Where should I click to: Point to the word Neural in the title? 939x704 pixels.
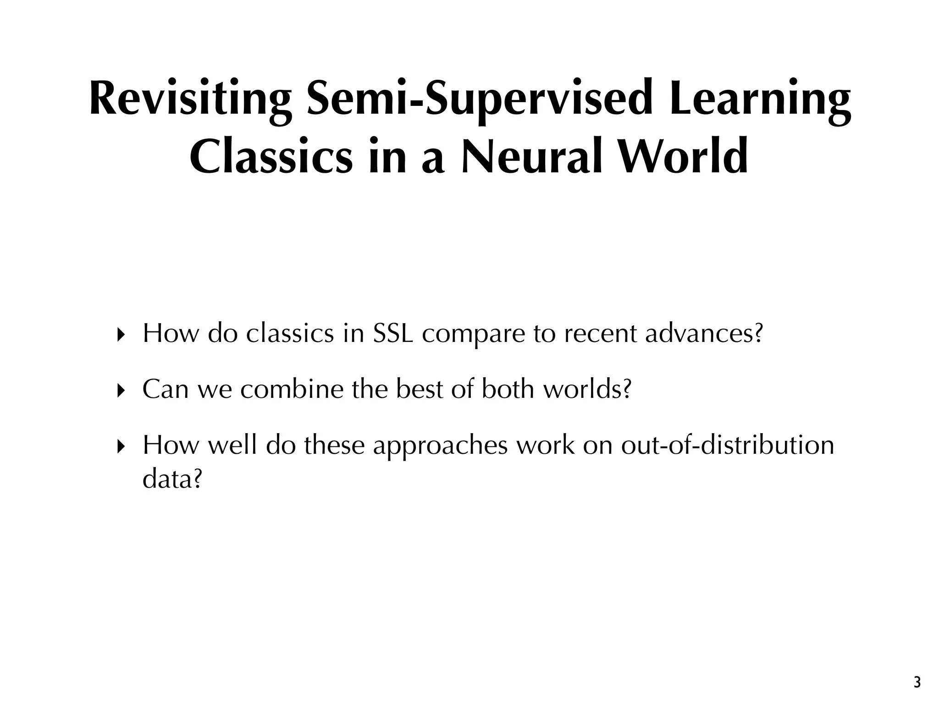(532, 157)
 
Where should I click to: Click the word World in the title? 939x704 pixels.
(684, 157)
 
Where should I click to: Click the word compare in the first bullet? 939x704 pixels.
(473, 335)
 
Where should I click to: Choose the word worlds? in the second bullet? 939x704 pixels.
(587, 389)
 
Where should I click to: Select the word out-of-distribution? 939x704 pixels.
(727, 445)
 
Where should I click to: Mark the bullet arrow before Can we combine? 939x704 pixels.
(121, 391)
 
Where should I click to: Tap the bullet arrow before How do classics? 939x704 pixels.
(121, 335)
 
